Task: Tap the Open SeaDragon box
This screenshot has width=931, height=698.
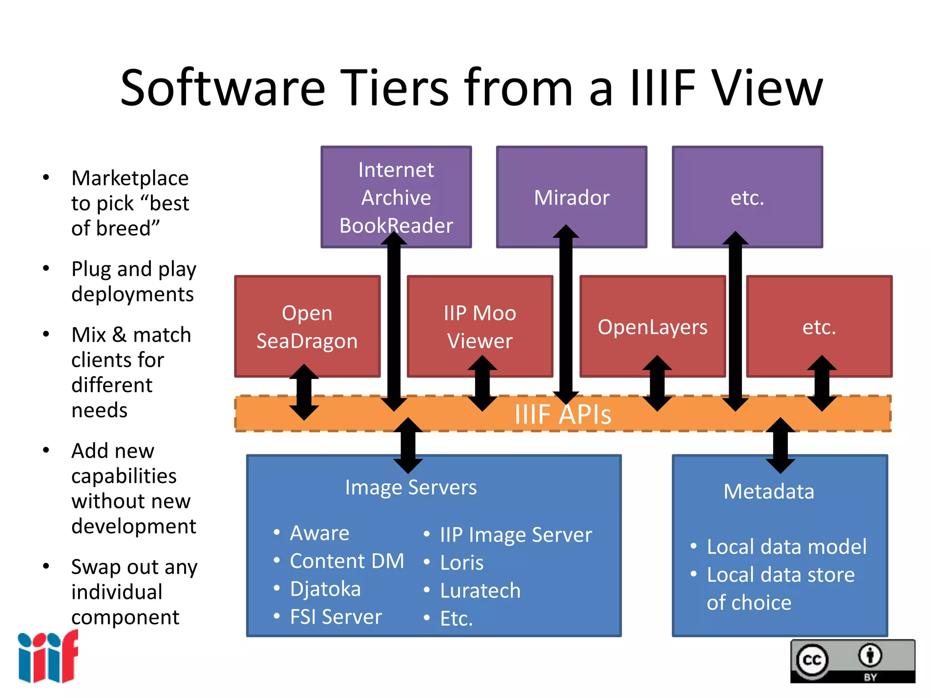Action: point(307,327)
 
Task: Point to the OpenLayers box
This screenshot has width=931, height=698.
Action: point(652,327)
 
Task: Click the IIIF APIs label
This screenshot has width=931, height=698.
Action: point(563,414)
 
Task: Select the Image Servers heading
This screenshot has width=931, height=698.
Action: point(410,488)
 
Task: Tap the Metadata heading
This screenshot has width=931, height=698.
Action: point(769,492)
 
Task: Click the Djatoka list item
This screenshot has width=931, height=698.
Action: point(325,589)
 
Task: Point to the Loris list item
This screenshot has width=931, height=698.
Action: point(462,563)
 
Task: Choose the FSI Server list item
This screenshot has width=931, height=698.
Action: point(336,617)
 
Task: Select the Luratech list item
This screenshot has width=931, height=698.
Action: point(480,591)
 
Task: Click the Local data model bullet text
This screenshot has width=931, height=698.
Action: point(786,547)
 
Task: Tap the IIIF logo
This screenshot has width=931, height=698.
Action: point(48,657)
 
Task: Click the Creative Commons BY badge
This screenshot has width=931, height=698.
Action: point(852,661)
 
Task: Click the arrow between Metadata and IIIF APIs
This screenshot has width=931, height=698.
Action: point(780,445)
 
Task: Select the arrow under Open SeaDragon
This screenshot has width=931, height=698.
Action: point(304,392)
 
